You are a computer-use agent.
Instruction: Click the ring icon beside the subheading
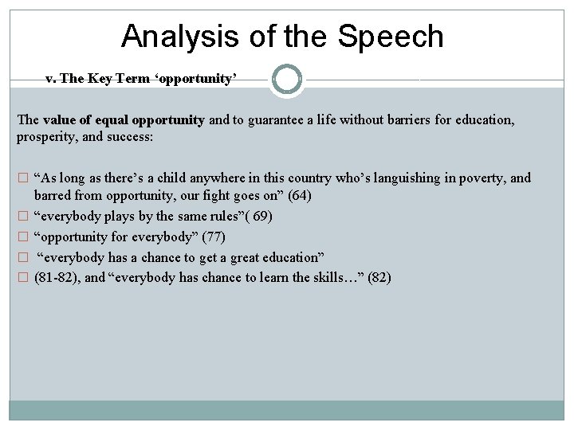pyautogui.click(x=287, y=79)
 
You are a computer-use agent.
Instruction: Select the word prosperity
pyautogui.click(x=46, y=137)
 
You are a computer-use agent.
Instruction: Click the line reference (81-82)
pyautogui.click(x=58, y=278)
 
